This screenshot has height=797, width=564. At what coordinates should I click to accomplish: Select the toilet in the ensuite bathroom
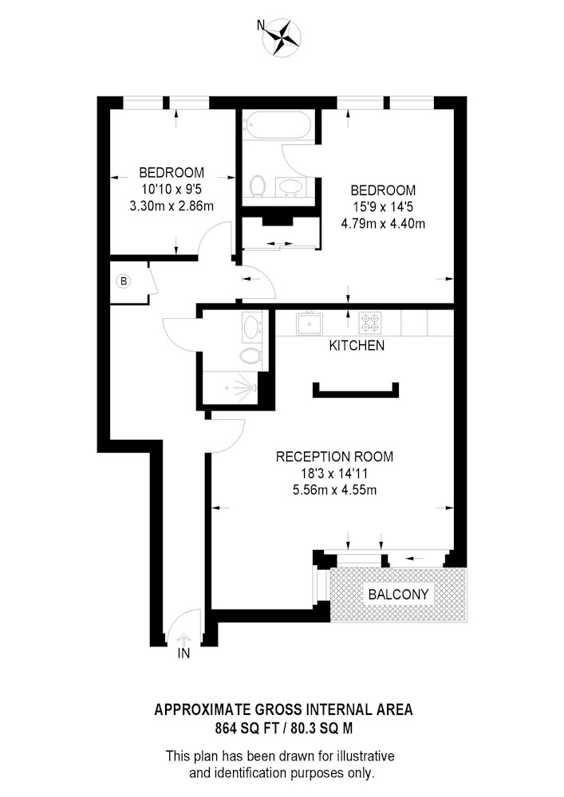click(x=258, y=186)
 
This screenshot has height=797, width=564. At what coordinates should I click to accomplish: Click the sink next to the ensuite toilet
click(x=291, y=187)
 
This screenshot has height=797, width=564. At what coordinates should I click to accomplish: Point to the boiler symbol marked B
click(x=124, y=281)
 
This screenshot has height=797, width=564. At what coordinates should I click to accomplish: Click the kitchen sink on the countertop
click(x=310, y=323)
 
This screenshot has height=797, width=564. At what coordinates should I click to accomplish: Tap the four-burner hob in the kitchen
click(x=369, y=322)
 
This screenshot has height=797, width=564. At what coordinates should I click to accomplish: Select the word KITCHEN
click(x=357, y=346)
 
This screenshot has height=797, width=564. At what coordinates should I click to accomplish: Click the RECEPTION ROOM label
click(x=334, y=457)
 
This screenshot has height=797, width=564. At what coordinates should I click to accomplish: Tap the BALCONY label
click(x=398, y=595)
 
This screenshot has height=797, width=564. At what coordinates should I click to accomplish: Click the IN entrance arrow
click(x=183, y=639)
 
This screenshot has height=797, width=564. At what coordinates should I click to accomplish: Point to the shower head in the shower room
click(x=254, y=388)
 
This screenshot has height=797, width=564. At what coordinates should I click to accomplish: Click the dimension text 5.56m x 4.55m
click(x=334, y=490)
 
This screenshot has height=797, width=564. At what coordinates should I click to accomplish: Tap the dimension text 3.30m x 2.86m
click(x=172, y=206)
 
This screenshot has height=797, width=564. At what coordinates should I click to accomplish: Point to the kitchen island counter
click(x=356, y=391)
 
